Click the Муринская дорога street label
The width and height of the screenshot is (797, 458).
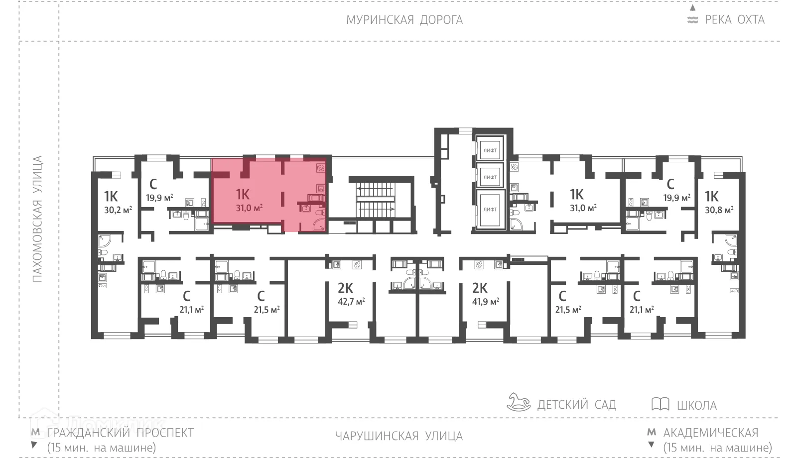pos(404,20)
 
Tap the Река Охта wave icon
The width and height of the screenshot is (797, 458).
pos(692,20)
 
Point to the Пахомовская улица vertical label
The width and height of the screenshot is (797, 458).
pos(37,219)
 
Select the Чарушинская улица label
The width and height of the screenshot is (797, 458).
pos(398,436)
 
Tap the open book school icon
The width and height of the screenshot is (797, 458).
pos(660,404)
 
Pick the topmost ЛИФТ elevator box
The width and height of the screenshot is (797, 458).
pos(490,150)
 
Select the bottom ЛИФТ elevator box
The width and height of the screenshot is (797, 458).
pos(490,210)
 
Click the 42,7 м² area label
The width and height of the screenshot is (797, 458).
pos(351,302)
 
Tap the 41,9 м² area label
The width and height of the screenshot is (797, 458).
pos(485,302)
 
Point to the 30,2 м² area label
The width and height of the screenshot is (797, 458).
pos(118,210)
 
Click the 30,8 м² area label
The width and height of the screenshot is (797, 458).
pos(719,210)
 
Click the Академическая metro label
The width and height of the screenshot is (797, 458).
pos(710,433)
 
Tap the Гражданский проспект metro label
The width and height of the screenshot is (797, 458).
pos(120,433)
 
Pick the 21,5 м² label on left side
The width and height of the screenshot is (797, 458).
pos(266,310)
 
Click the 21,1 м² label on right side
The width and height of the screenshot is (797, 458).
pos(642,310)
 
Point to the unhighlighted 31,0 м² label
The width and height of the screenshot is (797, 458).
pos(583,208)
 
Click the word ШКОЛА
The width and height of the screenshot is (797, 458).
pos(696,405)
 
